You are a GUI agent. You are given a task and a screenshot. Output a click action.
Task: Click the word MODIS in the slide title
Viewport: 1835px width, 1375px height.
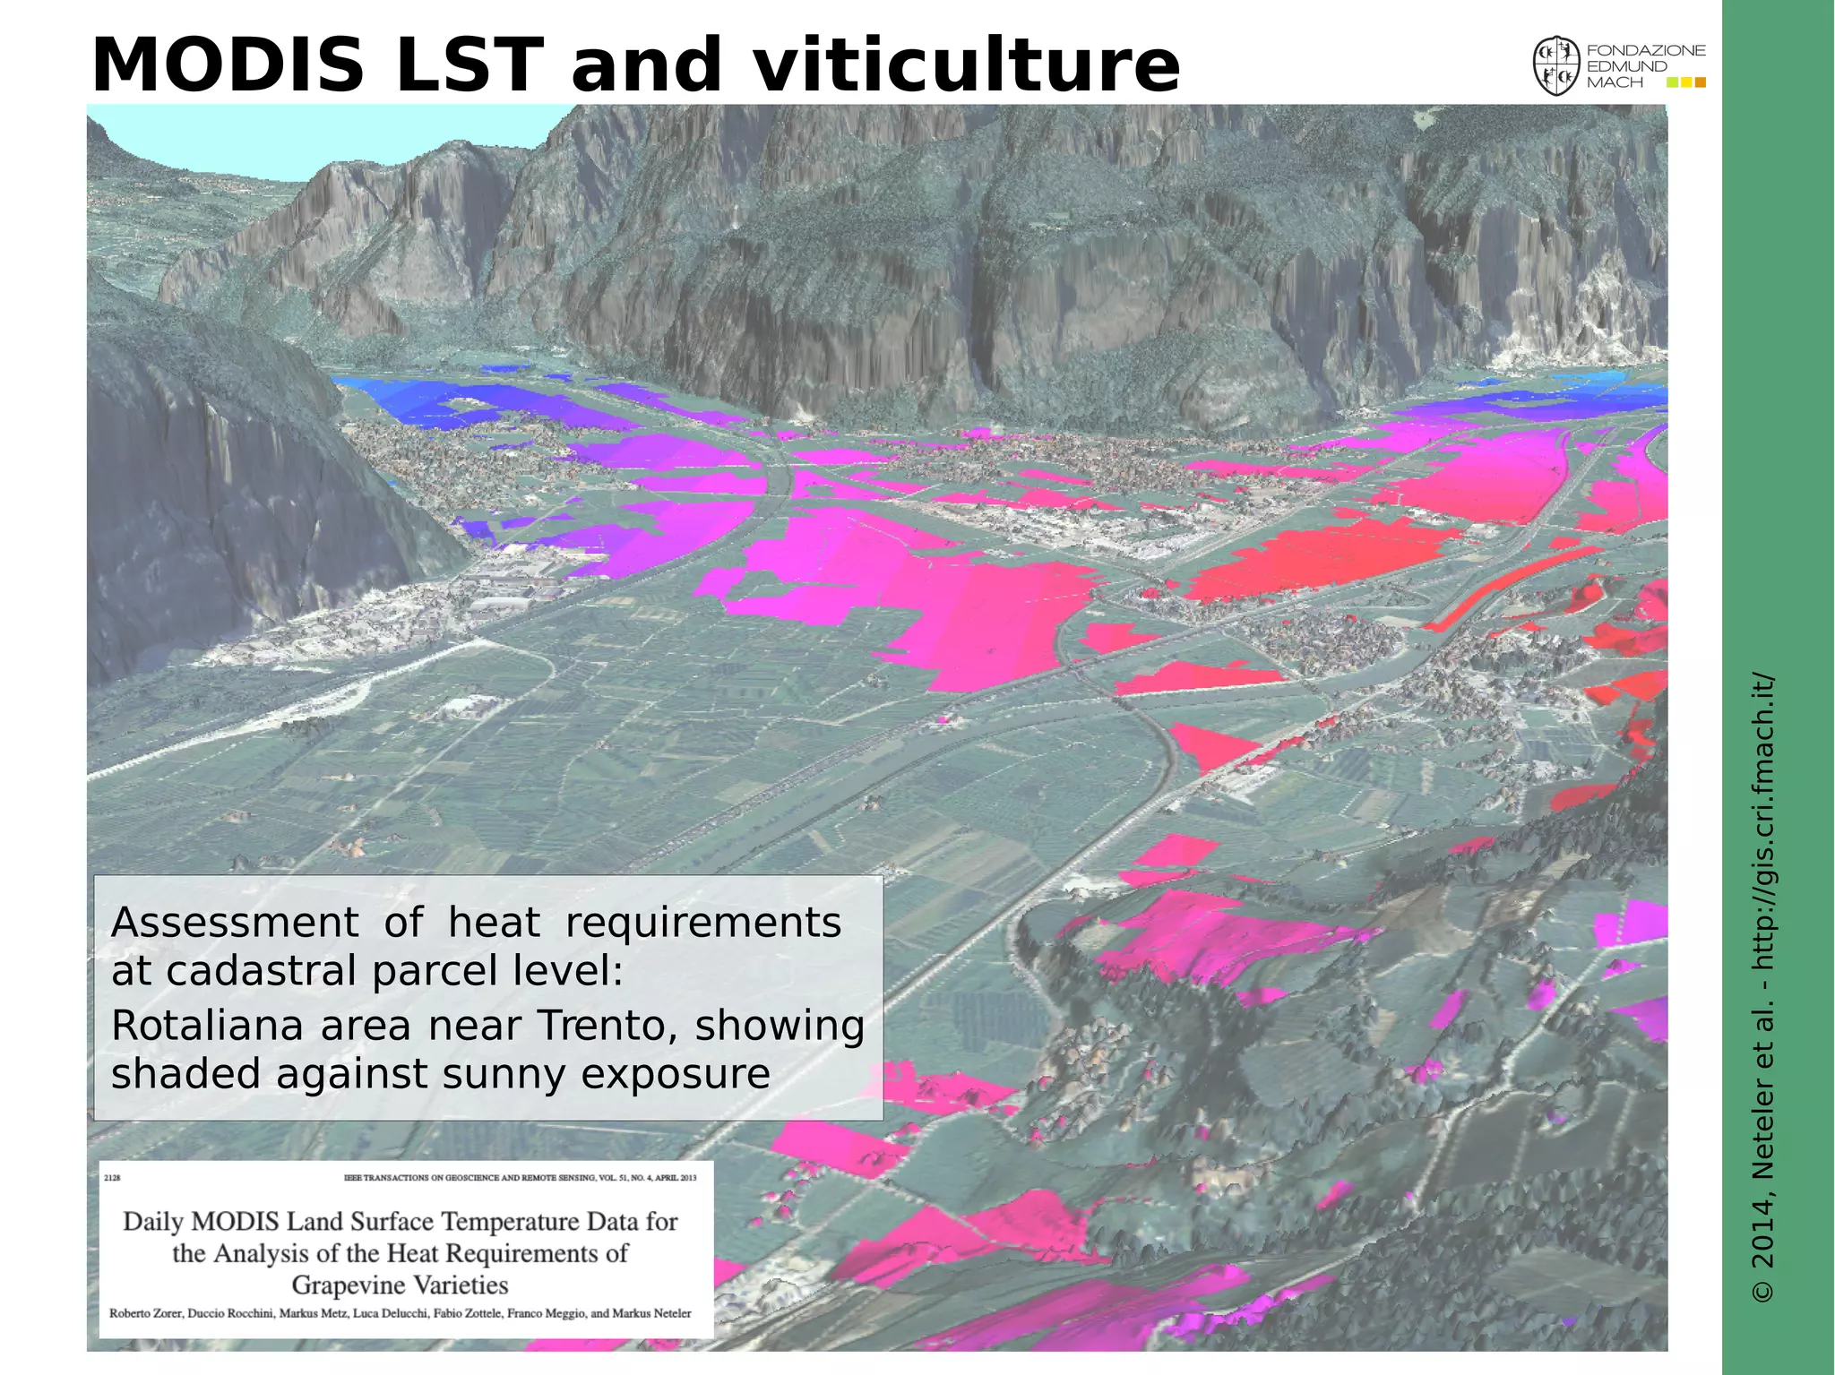228,65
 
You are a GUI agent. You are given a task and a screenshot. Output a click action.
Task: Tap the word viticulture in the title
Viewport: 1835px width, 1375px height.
966,65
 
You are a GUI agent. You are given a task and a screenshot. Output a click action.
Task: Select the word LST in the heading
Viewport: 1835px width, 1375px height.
469,65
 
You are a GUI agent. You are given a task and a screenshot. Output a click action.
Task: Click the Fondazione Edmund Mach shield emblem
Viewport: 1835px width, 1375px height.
1555,66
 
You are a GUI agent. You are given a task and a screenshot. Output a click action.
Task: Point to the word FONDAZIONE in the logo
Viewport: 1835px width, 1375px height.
1646,51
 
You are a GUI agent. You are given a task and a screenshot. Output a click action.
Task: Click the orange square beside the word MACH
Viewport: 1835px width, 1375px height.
1701,82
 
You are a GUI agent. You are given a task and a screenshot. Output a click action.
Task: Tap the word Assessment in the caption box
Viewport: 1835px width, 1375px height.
235,923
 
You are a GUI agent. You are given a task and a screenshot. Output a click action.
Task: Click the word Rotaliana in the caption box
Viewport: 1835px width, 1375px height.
207,1026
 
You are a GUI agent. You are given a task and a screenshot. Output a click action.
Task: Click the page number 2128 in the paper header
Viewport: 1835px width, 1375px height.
112,1178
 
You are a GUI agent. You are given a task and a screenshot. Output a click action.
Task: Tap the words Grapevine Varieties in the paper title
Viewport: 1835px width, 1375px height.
400,1285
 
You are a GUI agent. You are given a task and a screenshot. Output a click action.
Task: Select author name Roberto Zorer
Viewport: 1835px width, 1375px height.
147,1314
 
